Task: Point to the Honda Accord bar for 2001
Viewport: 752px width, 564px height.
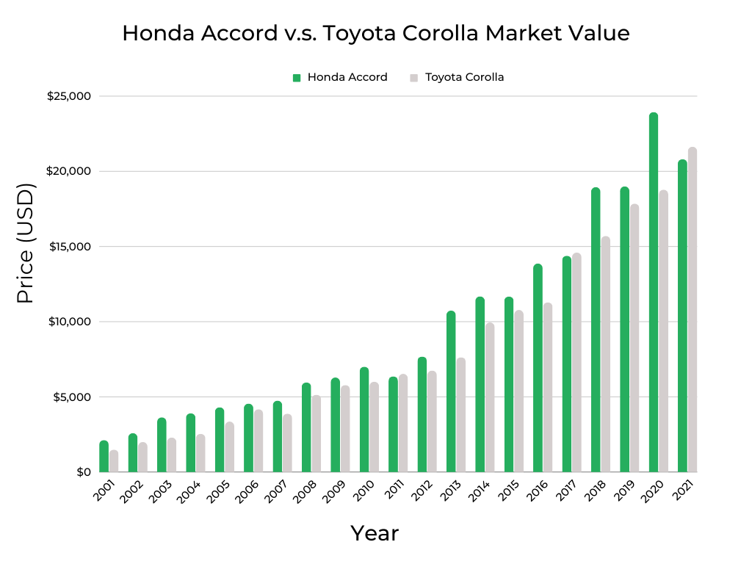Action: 104,456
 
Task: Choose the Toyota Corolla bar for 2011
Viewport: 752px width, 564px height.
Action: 403,423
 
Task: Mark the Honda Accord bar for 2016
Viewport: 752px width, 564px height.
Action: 538,368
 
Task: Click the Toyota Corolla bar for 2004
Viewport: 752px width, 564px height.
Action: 200,453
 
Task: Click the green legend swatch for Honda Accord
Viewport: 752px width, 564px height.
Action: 297,77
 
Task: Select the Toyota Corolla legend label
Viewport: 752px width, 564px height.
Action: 465,77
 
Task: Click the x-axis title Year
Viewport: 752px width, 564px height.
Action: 375,533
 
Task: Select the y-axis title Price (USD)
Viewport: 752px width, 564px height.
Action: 26,243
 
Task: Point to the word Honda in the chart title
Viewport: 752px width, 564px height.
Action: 151,34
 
